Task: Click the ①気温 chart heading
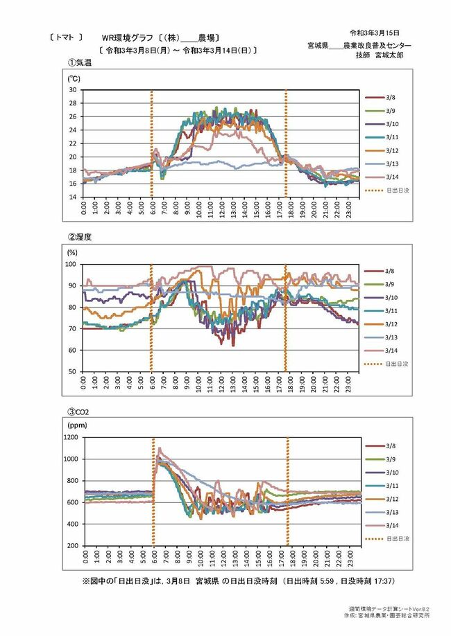click(x=80, y=62)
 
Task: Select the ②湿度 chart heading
click(x=80, y=236)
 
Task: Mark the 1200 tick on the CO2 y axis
click(x=69, y=437)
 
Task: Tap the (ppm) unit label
click(x=76, y=422)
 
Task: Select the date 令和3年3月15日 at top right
click(x=375, y=33)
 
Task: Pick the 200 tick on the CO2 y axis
click(x=71, y=546)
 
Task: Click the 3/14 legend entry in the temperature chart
click(x=389, y=177)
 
